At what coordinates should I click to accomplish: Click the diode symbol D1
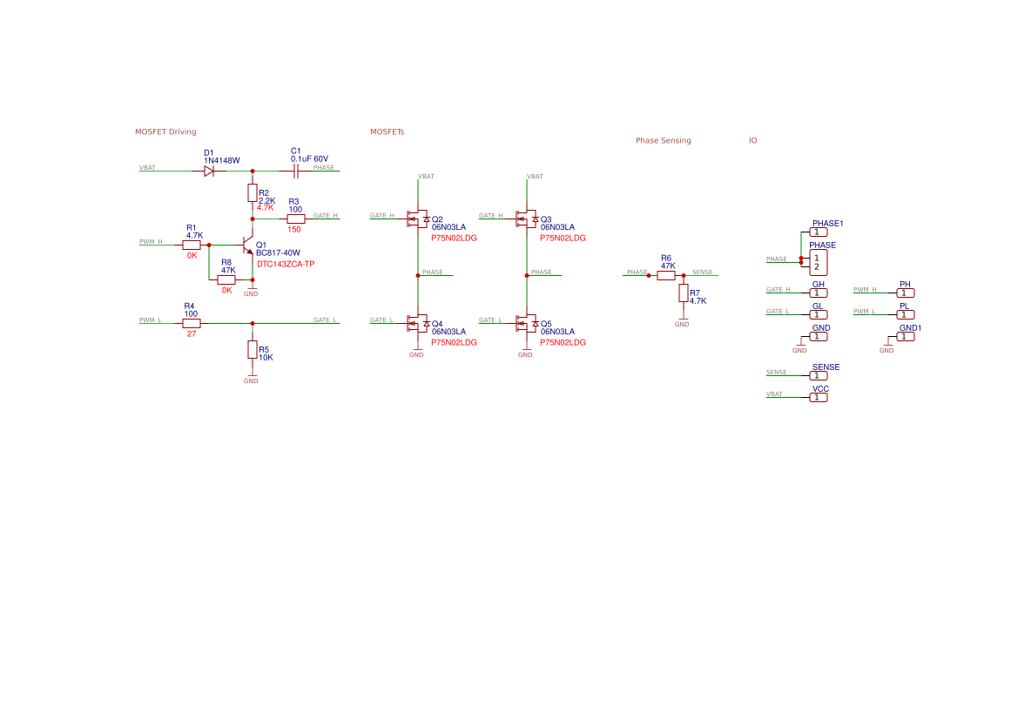[x=209, y=172]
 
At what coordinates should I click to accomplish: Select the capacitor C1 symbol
[x=296, y=172]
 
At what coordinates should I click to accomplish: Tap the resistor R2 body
[x=253, y=192]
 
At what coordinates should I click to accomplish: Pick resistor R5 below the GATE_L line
[x=253, y=349]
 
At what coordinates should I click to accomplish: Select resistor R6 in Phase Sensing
[x=666, y=275]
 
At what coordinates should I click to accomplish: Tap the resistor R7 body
[x=684, y=293]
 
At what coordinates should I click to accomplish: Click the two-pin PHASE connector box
[x=819, y=262]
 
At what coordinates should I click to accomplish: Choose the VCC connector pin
[x=819, y=397]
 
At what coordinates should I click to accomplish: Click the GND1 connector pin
[x=906, y=336]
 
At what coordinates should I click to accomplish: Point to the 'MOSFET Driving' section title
[x=165, y=131]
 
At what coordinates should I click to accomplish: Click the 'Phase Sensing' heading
[x=663, y=140]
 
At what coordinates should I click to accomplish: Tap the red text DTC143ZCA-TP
[x=286, y=264]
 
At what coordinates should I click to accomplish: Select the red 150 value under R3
[x=294, y=229]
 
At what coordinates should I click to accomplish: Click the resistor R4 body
[x=192, y=323]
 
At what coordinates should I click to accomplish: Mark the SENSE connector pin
[x=819, y=375]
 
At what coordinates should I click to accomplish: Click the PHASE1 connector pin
[x=819, y=232]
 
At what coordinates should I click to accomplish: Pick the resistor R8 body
[x=226, y=279]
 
